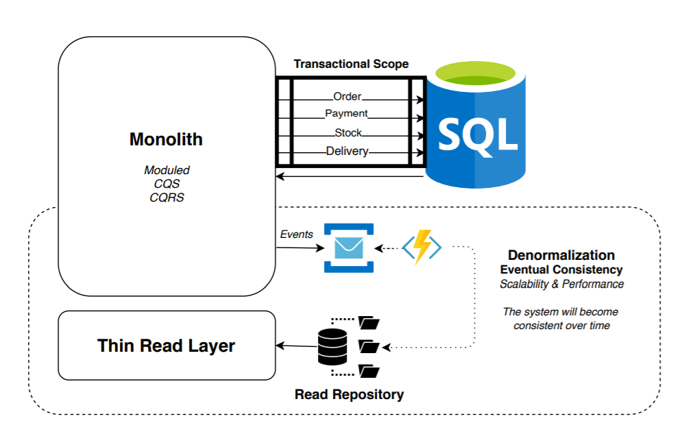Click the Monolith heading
point(166,139)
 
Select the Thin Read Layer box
point(166,346)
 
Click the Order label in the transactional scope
point(347,97)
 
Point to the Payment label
point(346,114)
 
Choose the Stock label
point(348,132)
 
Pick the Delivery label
point(347,151)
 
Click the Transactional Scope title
point(351,64)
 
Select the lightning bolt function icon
point(421,248)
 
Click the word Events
point(297,234)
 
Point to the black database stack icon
point(333,346)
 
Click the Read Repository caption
point(349,394)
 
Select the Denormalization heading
point(561,255)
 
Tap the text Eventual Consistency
point(561,269)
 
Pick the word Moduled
point(167,170)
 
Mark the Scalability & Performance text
point(561,284)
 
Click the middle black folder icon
point(369,346)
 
